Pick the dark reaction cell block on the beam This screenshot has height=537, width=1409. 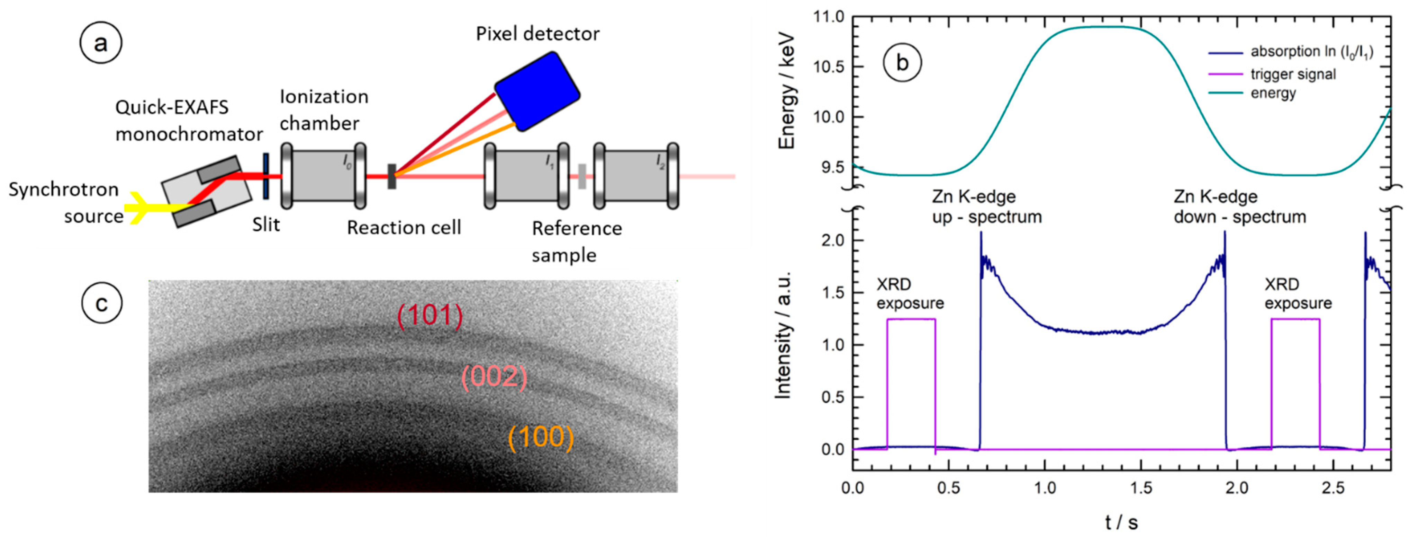[392, 176]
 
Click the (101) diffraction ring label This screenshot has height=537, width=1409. [430, 316]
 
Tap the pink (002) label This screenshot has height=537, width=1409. [494, 377]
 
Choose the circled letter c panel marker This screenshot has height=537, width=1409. [102, 303]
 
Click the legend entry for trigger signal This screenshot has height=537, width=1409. [1292, 74]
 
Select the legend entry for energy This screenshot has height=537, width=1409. [1273, 93]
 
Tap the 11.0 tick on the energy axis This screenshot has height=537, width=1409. [830, 18]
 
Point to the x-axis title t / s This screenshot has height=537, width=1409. [1121, 523]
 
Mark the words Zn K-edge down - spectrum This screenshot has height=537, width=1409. [1239, 207]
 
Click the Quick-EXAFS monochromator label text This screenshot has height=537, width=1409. [189, 121]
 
